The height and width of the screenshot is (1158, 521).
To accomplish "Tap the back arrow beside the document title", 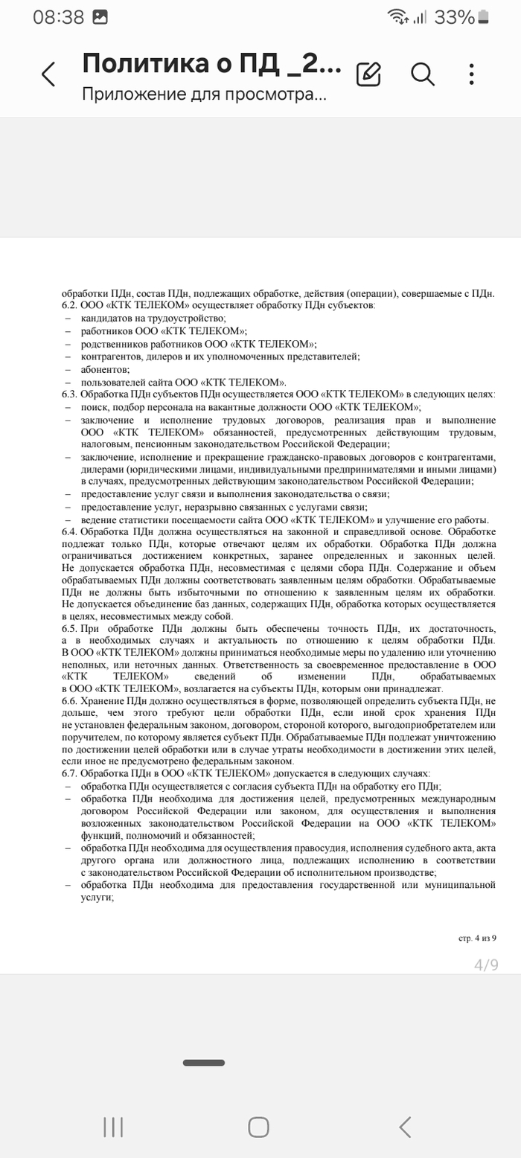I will [x=48, y=74].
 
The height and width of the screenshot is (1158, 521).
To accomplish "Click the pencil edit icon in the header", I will [x=368, y=74].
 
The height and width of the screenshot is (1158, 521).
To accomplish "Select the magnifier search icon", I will [x=422, y=74].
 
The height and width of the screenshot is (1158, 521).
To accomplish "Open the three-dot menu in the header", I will [x=472, y=74].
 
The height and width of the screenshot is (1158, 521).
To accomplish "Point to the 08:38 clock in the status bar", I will [x=58, y=17].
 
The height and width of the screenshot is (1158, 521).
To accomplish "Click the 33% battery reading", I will [x=454, y=17].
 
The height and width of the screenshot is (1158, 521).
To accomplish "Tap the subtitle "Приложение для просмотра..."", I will [x=204, y=95].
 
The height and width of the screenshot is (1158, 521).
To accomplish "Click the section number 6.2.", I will [x=69, y=306].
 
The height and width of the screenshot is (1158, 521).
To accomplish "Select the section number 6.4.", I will [x=69, y=532].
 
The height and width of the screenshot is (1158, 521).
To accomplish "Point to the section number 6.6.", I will [x=69, y=702].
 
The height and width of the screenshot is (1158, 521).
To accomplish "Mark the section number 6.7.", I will [x=69, y=773].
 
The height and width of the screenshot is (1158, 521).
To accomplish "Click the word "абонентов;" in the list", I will [x=106, y=369].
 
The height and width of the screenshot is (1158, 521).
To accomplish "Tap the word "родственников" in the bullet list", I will [x=113, y=344].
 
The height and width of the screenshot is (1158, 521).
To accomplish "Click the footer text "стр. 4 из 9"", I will [x=477, y=938].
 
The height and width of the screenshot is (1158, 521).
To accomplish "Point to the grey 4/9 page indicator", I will [x=486, y=965].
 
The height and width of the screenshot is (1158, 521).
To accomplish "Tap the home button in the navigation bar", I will [x=258, y=1127].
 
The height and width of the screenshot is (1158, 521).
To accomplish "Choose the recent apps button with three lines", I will [x=113, y=1127].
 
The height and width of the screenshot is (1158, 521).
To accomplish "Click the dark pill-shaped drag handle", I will [x=203, y=1063].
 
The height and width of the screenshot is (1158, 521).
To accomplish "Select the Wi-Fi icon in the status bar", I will [x=398, y=17].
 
